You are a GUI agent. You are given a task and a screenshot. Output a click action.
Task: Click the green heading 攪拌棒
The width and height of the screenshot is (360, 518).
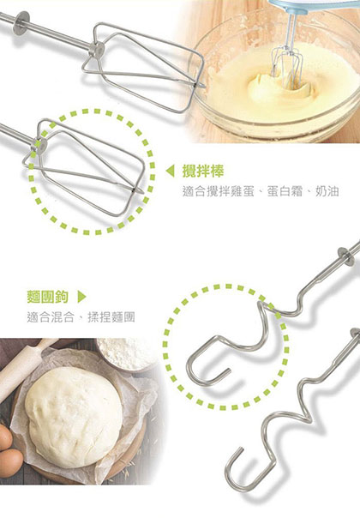click(x=200, y=170)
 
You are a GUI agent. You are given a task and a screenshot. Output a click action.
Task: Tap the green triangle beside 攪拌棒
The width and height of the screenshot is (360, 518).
click(x=170, y=170)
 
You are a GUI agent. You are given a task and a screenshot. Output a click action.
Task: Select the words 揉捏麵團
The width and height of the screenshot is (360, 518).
click(x=114, y=317)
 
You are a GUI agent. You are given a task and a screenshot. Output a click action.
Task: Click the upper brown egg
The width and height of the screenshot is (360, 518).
click(x=5, y=438)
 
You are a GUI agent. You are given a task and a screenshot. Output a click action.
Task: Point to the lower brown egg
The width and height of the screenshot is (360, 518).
click(x=9, y=468)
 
